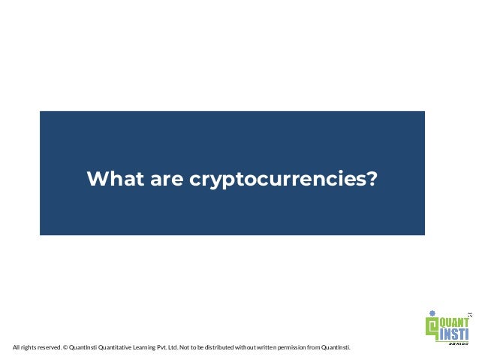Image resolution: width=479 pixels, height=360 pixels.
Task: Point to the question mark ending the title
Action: tap(372, 180)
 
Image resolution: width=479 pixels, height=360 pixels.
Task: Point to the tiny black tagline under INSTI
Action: tap(457, 343)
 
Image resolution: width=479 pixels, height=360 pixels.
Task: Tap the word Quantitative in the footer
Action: tap(116, 348)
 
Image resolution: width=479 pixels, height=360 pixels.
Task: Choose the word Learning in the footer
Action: tap(149, 348)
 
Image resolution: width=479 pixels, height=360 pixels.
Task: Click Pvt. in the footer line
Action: tap(170, 348)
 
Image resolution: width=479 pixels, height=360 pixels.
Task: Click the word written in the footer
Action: tap(271, 348)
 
